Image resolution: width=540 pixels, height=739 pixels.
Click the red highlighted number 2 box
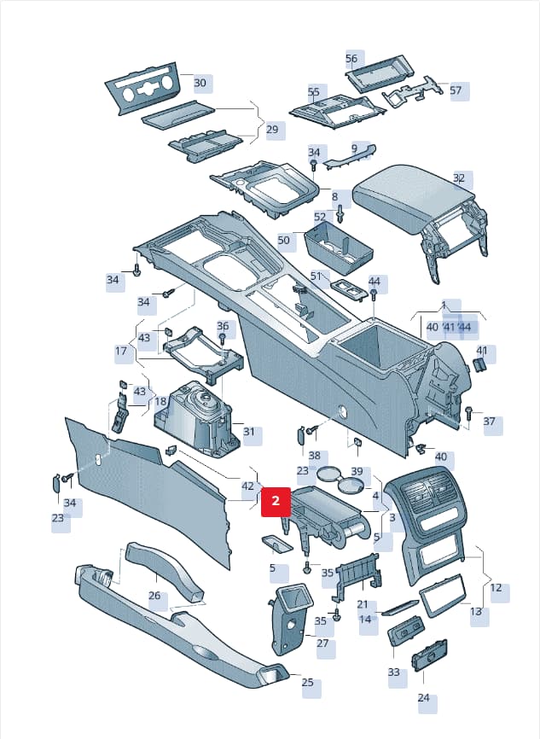click(276, 502)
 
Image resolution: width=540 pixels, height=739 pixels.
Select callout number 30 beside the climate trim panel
click(200, 83)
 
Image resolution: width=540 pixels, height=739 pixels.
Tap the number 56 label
click(351, 58)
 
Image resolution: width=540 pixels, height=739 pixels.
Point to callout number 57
click(456, 90)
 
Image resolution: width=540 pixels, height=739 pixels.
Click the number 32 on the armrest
click(459, 178)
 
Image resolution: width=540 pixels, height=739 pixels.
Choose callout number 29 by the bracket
click(272, 129)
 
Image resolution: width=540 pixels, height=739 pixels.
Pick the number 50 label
click(284, 240)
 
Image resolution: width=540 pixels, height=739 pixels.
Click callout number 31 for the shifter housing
click(249, 432)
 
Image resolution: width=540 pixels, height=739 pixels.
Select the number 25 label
click(308, 682)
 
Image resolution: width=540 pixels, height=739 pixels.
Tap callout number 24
click(424, 697)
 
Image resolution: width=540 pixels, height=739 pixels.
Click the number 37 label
click(489, 421)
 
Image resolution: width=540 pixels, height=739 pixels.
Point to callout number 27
click(322, 643)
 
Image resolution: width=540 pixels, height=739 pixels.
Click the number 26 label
click(154, 596)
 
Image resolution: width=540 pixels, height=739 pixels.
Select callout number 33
click(394, 672)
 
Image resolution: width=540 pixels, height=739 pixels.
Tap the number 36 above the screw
click(223, 326)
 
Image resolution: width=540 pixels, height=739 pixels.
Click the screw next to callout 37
click(469, 413)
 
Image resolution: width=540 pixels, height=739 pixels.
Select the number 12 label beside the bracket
click(496, 588)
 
